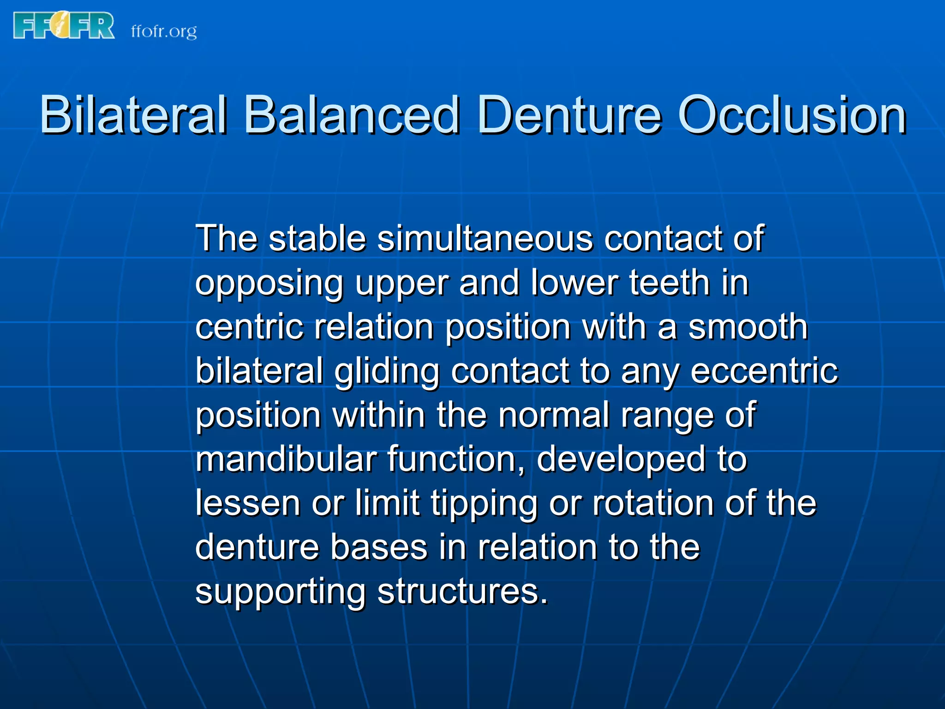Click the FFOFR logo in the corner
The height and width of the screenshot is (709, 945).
tap(64, 25)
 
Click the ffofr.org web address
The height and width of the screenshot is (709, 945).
tap(164, 31)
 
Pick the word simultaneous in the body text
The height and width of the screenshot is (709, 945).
tap(485, 239)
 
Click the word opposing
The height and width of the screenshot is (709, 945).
tap(269, 283)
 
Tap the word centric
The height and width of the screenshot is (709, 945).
tap(249, 327)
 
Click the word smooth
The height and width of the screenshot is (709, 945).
tap(748, 327)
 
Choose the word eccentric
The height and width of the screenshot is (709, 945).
tap(764, 371)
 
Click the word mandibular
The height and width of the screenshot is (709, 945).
tap(286, 459)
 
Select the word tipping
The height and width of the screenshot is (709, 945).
tap(484, 504)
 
